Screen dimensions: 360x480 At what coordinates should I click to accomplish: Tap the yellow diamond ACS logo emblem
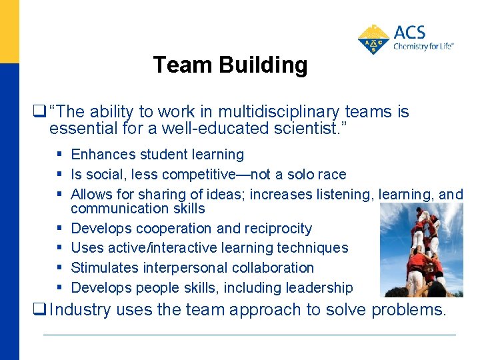click(374, 39)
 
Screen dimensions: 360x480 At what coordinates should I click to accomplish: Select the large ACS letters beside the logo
click(409, 33)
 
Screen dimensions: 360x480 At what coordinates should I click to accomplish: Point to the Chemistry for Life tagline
click(423, 47)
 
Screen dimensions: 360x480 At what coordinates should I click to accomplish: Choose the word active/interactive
click(169, 248)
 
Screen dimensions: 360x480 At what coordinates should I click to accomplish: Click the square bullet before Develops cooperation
click(59, 228)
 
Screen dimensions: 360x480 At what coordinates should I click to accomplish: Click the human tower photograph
click(421, 250)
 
